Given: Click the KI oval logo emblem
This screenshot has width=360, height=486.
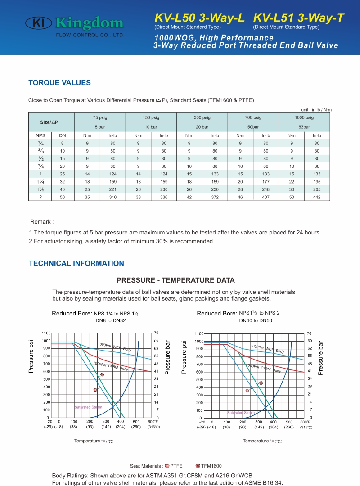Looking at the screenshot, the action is click(x=38, y=23).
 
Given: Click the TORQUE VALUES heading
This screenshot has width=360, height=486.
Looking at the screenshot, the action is click(x=59, y=83).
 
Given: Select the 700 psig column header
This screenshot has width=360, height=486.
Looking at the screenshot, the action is click(x=253, y=117).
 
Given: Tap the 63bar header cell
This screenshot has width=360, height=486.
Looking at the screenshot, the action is click(x=304, y=127).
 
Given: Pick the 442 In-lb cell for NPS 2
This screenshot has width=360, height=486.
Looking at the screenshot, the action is click(x=317, y=197).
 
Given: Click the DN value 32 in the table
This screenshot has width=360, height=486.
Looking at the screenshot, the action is click(x=63, y=182).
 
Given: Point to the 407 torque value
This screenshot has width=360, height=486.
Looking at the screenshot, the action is click(x=266, y=197).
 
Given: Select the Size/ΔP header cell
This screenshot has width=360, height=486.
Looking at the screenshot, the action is click(x=49, y=122).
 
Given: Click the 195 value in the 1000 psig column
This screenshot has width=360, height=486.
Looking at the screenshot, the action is click(x=317, y=182).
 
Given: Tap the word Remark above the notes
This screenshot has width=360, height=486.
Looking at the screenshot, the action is click(x=40, y=222).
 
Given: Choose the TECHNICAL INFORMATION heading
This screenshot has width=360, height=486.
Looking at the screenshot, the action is click(x=76, y=263).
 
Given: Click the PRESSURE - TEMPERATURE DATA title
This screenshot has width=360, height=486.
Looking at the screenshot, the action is click(x=175, y=280).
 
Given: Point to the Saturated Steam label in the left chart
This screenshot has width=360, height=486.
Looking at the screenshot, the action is click(x=88, y=407).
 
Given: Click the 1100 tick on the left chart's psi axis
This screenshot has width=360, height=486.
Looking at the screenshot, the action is click(x=46, y=333).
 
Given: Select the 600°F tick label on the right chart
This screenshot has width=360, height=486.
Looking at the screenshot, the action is click(x=305, y=422).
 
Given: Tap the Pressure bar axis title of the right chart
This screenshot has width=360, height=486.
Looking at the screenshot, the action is click(x=320, y=358).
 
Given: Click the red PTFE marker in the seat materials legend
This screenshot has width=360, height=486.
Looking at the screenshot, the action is click(x=167, y=466).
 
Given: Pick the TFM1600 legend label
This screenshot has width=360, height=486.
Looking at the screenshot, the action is click(x=211, y=466).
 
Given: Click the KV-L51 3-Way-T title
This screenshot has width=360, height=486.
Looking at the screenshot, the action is click(x=299, y=18).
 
